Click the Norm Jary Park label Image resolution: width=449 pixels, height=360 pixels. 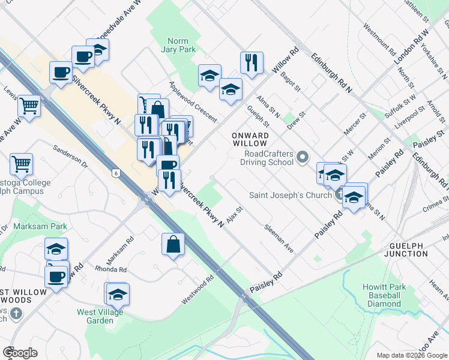(178, 46)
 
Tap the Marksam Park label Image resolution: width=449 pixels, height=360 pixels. (41, 226)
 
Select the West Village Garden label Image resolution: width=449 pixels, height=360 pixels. (100, 316)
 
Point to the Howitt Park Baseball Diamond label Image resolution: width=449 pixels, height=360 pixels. (384, 295)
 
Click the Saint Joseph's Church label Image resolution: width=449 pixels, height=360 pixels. (291, 194)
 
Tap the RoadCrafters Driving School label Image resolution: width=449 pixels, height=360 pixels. (267, 158)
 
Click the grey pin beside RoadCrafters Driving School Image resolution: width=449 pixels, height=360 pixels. (303, 158)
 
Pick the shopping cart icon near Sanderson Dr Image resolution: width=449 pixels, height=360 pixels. (21, 163)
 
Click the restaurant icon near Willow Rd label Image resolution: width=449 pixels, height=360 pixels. (252, 62)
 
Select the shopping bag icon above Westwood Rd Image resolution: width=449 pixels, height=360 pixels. (173, 244)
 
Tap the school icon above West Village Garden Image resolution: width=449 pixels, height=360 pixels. (118, 294)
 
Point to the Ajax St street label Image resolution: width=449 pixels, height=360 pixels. (235, 214)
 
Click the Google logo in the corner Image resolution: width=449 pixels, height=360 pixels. (20, 353)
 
